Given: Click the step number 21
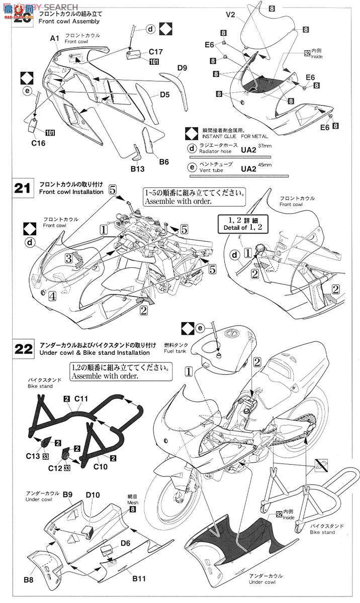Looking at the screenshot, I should (23, 189).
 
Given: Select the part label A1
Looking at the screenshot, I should (55, 38).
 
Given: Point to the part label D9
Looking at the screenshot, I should (182, 68).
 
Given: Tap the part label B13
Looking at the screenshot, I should (138, 169).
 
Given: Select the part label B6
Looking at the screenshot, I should (163, 161).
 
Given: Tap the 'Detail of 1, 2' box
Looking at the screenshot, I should (242, 225).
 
